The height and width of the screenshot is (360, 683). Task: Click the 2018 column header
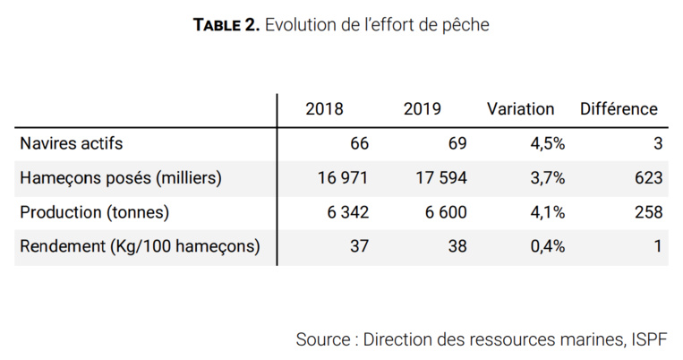click(x=324, y=109)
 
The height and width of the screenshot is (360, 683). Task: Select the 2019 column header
click(x=422, y=109)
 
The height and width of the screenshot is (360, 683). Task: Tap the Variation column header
click(x=520, y=109)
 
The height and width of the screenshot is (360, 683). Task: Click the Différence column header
click(x=619, y=109)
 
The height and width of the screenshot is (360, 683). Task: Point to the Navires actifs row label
click(x=71, y=143)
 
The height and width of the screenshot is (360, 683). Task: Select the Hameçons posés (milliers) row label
click(x=120, y=178)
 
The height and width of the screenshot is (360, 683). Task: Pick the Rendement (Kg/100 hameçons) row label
click(x=140, y=247)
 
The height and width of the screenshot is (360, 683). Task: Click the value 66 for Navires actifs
click(x=359, y=143)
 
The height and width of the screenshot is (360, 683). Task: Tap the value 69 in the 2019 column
click(x=457, y=143)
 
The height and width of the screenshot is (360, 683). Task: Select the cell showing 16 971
click(x=343, y=178)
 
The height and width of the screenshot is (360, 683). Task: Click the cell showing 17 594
click(x=440, y=178)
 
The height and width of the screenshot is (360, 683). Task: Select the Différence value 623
click(x=648, y=178)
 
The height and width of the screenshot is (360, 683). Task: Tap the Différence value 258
click(x=648, y=212)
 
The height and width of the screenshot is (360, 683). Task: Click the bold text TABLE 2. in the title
click(x=226, y=26)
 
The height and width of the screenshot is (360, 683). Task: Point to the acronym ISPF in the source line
click(x=648, y=340)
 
